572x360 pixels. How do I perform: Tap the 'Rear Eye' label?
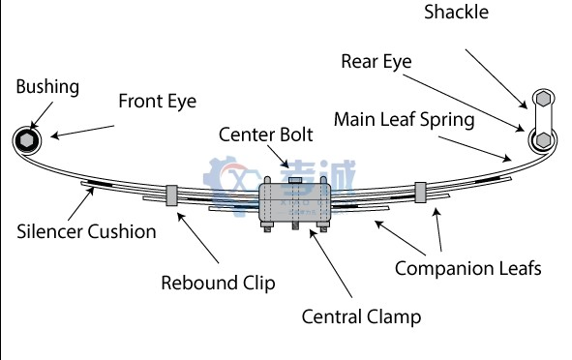pyautogui.click(x=376, y=61)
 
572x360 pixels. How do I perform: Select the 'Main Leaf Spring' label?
pyautogui.click(x=404, y=120)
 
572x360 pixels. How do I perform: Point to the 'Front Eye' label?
pyautogui.click(x=157, y=101)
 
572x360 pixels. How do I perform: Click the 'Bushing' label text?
pyautogui.click(x=47, y=87)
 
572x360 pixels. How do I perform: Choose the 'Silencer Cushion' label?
pyautogui.click(x=86, y=231)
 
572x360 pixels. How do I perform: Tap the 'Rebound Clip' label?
pyautogui.click(x=218, y=283)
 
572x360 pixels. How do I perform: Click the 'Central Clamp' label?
pyautogui.click(x=361, y=316)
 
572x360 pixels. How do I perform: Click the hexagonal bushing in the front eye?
pyautogui.click(x=28, y=140)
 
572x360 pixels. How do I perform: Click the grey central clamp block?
pyautogui.click(x=292, y=204)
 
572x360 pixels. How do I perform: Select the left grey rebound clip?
pyautogui.click(x=172, y=195)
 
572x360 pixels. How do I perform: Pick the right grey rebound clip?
pyautogui.click(x=420, y=191)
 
